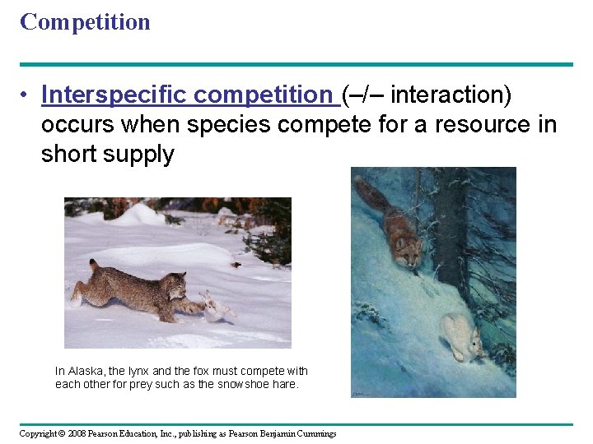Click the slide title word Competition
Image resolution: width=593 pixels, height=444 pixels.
[x=85, y=22]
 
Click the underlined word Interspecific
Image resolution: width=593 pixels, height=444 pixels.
[x=116, y=95]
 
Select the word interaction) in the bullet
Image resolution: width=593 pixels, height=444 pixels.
[x=451, y=95]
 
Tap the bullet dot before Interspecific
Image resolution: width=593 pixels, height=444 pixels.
[x=26, y=96]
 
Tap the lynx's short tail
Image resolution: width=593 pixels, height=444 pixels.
[x=93, y=266]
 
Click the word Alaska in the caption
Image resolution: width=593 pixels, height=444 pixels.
[x=86, y=372]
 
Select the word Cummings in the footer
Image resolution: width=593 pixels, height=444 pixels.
[x=315, y=433]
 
